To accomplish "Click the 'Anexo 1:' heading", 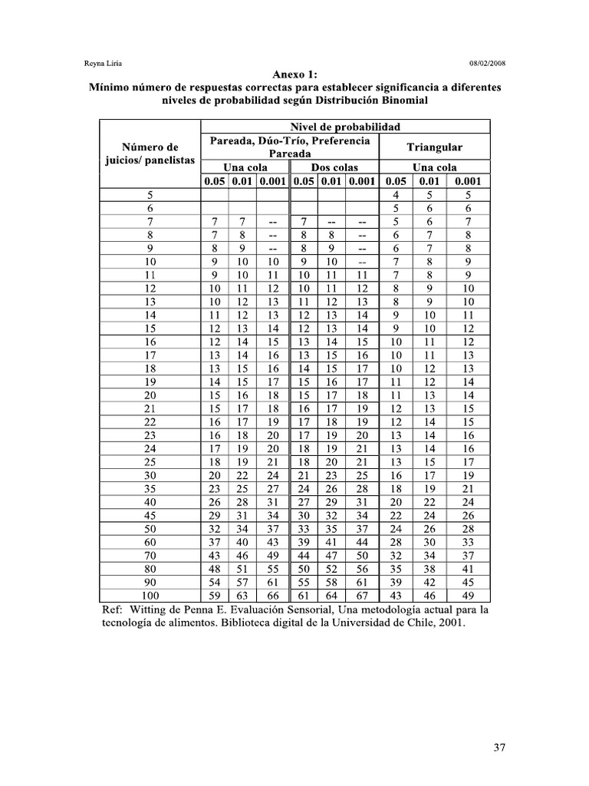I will pos(295,74).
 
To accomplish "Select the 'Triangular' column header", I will pos(435,147).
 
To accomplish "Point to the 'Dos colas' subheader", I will pos(334,167).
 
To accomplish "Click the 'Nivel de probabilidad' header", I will pos(344,127).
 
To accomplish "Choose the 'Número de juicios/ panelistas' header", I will pos(150,154).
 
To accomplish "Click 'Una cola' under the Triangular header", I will pos(435,167).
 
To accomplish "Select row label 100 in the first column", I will pos(150,596).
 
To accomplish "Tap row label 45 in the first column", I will pos(150,514).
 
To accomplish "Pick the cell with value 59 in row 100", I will pos(215,596).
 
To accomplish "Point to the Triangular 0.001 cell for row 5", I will pos(468,195).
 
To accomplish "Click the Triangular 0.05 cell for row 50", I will pos(396,528).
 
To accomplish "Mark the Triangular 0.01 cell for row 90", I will pos(431,583).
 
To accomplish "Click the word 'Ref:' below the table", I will pos(113,609).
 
